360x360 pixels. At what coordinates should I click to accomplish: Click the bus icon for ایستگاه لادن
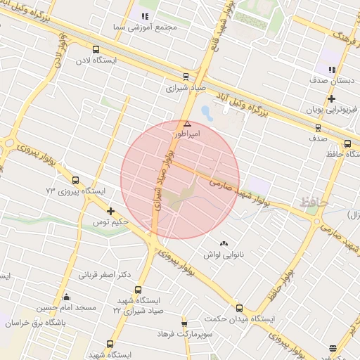click(96, 49)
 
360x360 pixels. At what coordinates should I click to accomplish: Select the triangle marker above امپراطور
click(187, 123)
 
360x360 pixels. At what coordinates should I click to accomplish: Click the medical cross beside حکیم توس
click(110, 211)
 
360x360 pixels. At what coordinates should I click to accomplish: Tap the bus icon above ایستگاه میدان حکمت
click(239, 308)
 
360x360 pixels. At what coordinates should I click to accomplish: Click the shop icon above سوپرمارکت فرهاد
click(184, 324)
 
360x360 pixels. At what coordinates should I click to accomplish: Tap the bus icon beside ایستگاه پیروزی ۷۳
click(75, 180)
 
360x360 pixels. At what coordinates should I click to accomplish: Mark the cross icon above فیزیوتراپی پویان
click(331, 98)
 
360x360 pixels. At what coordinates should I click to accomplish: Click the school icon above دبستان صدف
click(331, 69)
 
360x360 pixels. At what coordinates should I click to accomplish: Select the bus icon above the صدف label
click(318, 128)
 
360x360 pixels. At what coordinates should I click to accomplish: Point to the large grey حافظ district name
click(313, 202)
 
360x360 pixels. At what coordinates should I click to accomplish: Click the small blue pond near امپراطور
click(205, 112)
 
